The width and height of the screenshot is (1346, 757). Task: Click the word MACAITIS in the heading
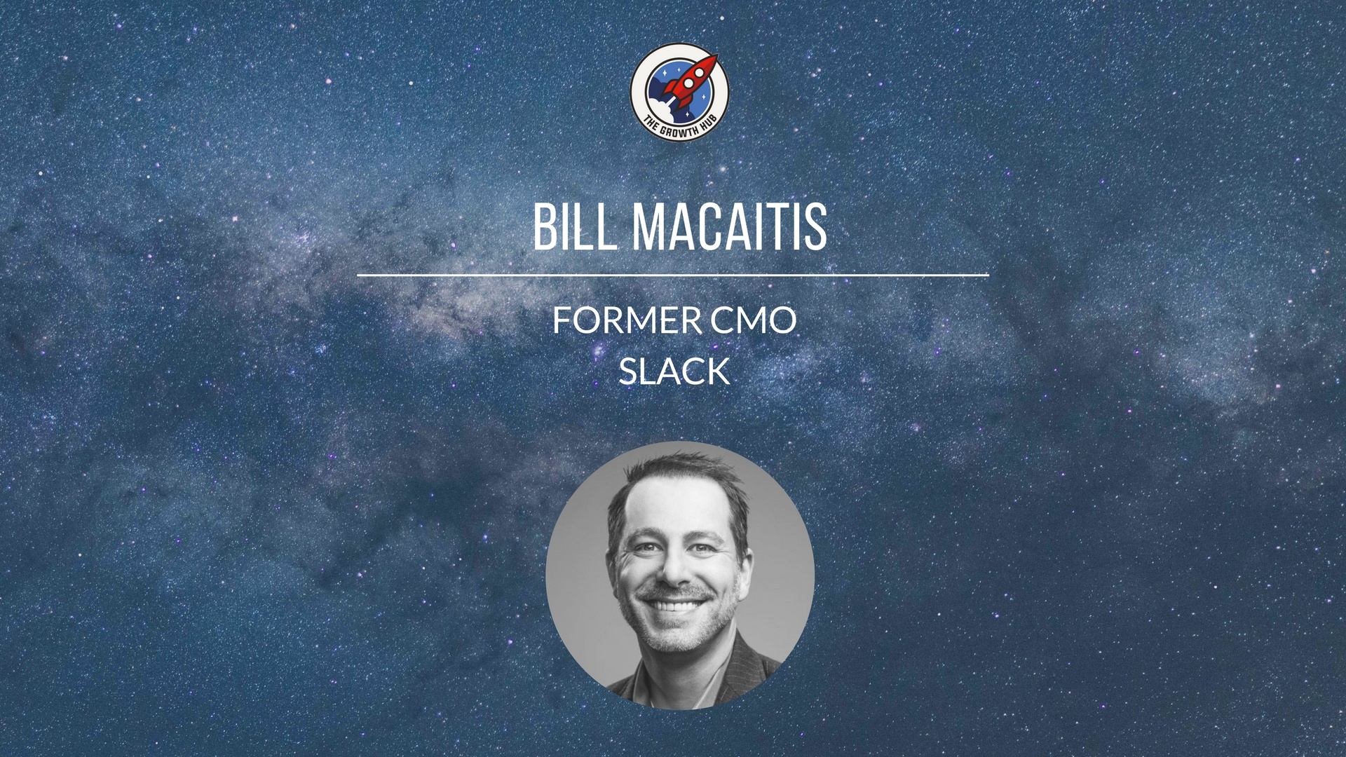pyautogui.click(x=730, y=226)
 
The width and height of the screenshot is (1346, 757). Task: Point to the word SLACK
pyautogui.click(x=674, y=371)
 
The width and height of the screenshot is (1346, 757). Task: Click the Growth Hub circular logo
pyautogui.click(x=679, y=92)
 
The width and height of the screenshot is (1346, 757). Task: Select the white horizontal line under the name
pyautogui.click(x=673, y=275)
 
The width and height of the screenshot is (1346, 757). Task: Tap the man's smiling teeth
pyautogui.click(x=673, y=604)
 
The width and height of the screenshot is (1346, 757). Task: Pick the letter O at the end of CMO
pyautogui.click(x=782, y=321)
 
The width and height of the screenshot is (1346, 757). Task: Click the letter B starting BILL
pyautogui.click(x=544, y=226)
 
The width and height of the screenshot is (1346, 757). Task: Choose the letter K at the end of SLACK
pyautogui.click(x=719, y=371)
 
